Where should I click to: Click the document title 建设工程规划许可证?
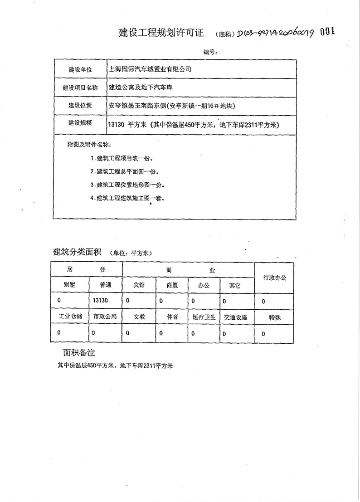pos(161,33)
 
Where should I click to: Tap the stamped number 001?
pos(328,31)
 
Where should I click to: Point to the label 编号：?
pos(210,52)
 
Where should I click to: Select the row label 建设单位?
pos(80,70)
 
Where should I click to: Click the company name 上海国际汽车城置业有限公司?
pos(151,69)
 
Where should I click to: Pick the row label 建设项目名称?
pos(80,88)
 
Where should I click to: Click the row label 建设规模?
pos(80,123)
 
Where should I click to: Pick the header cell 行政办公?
pos(275,277)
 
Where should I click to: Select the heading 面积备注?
pos(79,352)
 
